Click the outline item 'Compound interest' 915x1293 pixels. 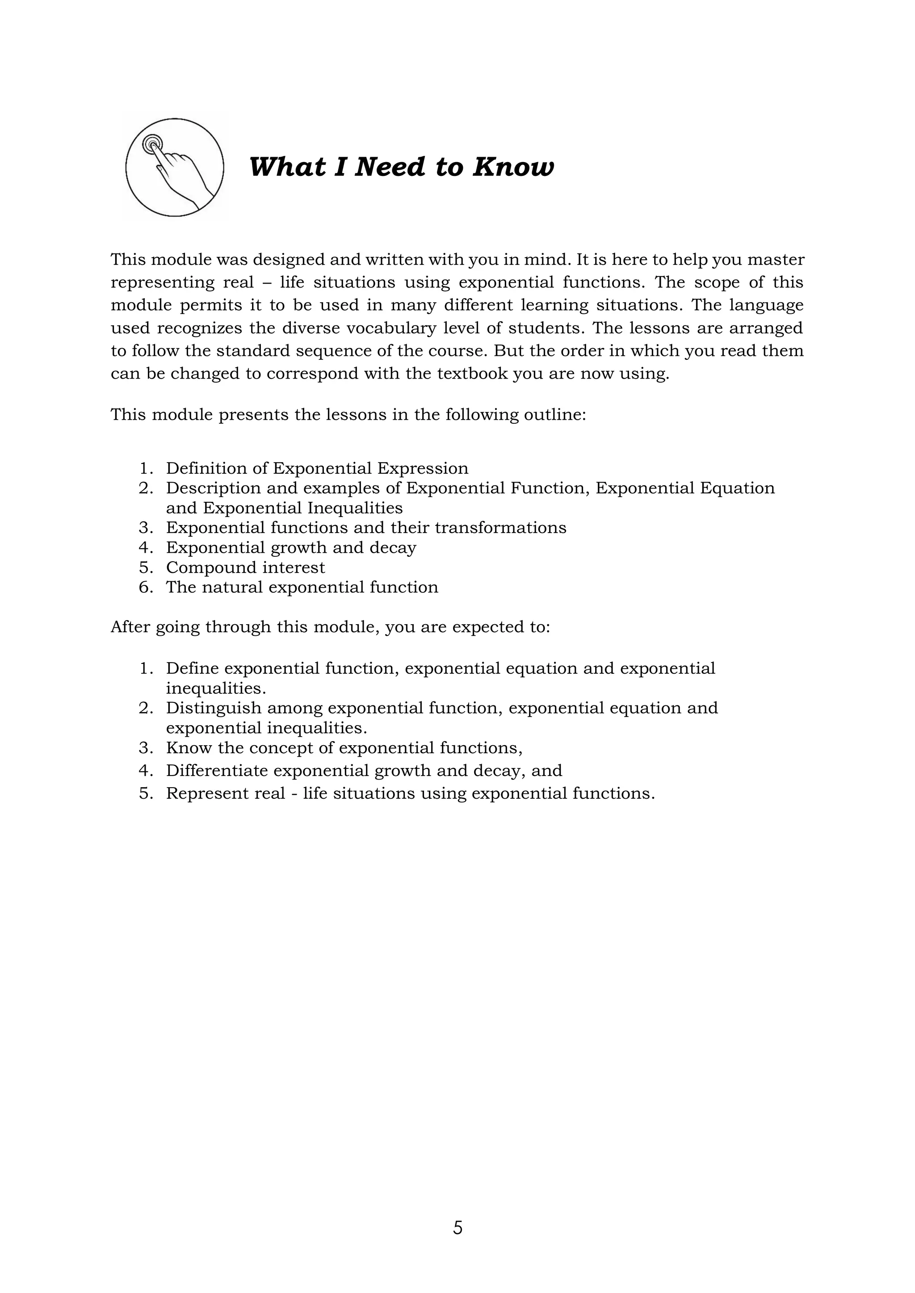(245, 567)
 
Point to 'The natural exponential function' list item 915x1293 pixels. (302, 588)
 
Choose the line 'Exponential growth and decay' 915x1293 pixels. (291, 547)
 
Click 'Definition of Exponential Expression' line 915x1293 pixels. (317, 468)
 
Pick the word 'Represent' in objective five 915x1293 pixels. (210, 793)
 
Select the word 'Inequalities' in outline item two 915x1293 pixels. (355, 508)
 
